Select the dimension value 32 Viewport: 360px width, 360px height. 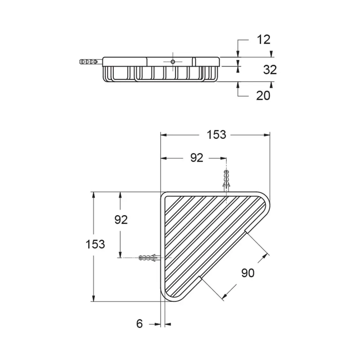point(269,69)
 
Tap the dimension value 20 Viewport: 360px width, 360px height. point(263,95)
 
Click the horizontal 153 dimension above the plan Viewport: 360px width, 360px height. point(216,135)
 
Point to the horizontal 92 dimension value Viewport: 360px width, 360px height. point(197,158)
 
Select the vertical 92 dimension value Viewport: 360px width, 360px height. point(121,219)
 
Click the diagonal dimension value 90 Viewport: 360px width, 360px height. point(247,273)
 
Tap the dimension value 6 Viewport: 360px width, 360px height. point(140,324)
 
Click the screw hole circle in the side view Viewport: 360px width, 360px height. point(173,62)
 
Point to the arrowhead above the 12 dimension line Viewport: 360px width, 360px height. point(238,54)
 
